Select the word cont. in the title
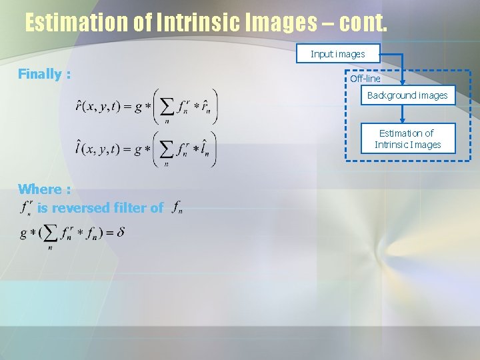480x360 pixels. coord(362,23)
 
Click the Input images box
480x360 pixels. coord(338,53)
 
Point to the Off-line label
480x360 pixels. coord(365,79)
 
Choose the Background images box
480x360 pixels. coord(407,95)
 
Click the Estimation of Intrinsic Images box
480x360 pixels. coord(407,139)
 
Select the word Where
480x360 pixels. coord(45,189)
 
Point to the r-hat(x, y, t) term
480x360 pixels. coord(98,107)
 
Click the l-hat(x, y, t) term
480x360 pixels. coord(98,149)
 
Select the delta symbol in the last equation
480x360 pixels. coord(121,233)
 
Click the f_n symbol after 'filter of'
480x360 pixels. coord(177,209)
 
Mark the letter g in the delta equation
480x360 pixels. coord(24,234)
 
